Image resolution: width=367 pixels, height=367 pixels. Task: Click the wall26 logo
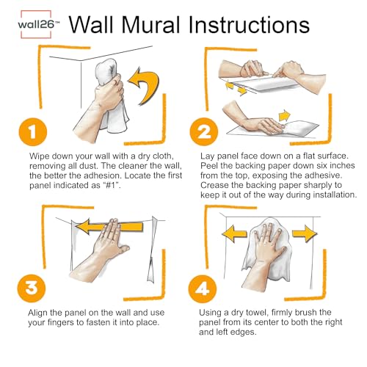point(37,24)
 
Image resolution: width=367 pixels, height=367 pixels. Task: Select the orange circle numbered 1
point(33,132)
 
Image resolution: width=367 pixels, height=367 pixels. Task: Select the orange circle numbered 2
point(204,131)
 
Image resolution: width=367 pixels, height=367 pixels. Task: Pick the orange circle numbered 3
point(32,288)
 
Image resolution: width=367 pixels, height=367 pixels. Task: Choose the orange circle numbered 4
point(203,288)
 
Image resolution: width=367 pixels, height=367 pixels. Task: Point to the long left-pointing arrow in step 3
point(109,227)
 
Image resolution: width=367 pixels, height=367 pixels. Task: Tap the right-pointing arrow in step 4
point(305,233)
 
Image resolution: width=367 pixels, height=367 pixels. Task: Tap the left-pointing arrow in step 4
point(234,233)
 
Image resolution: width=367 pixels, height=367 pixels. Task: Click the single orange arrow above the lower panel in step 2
point(284,115)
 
